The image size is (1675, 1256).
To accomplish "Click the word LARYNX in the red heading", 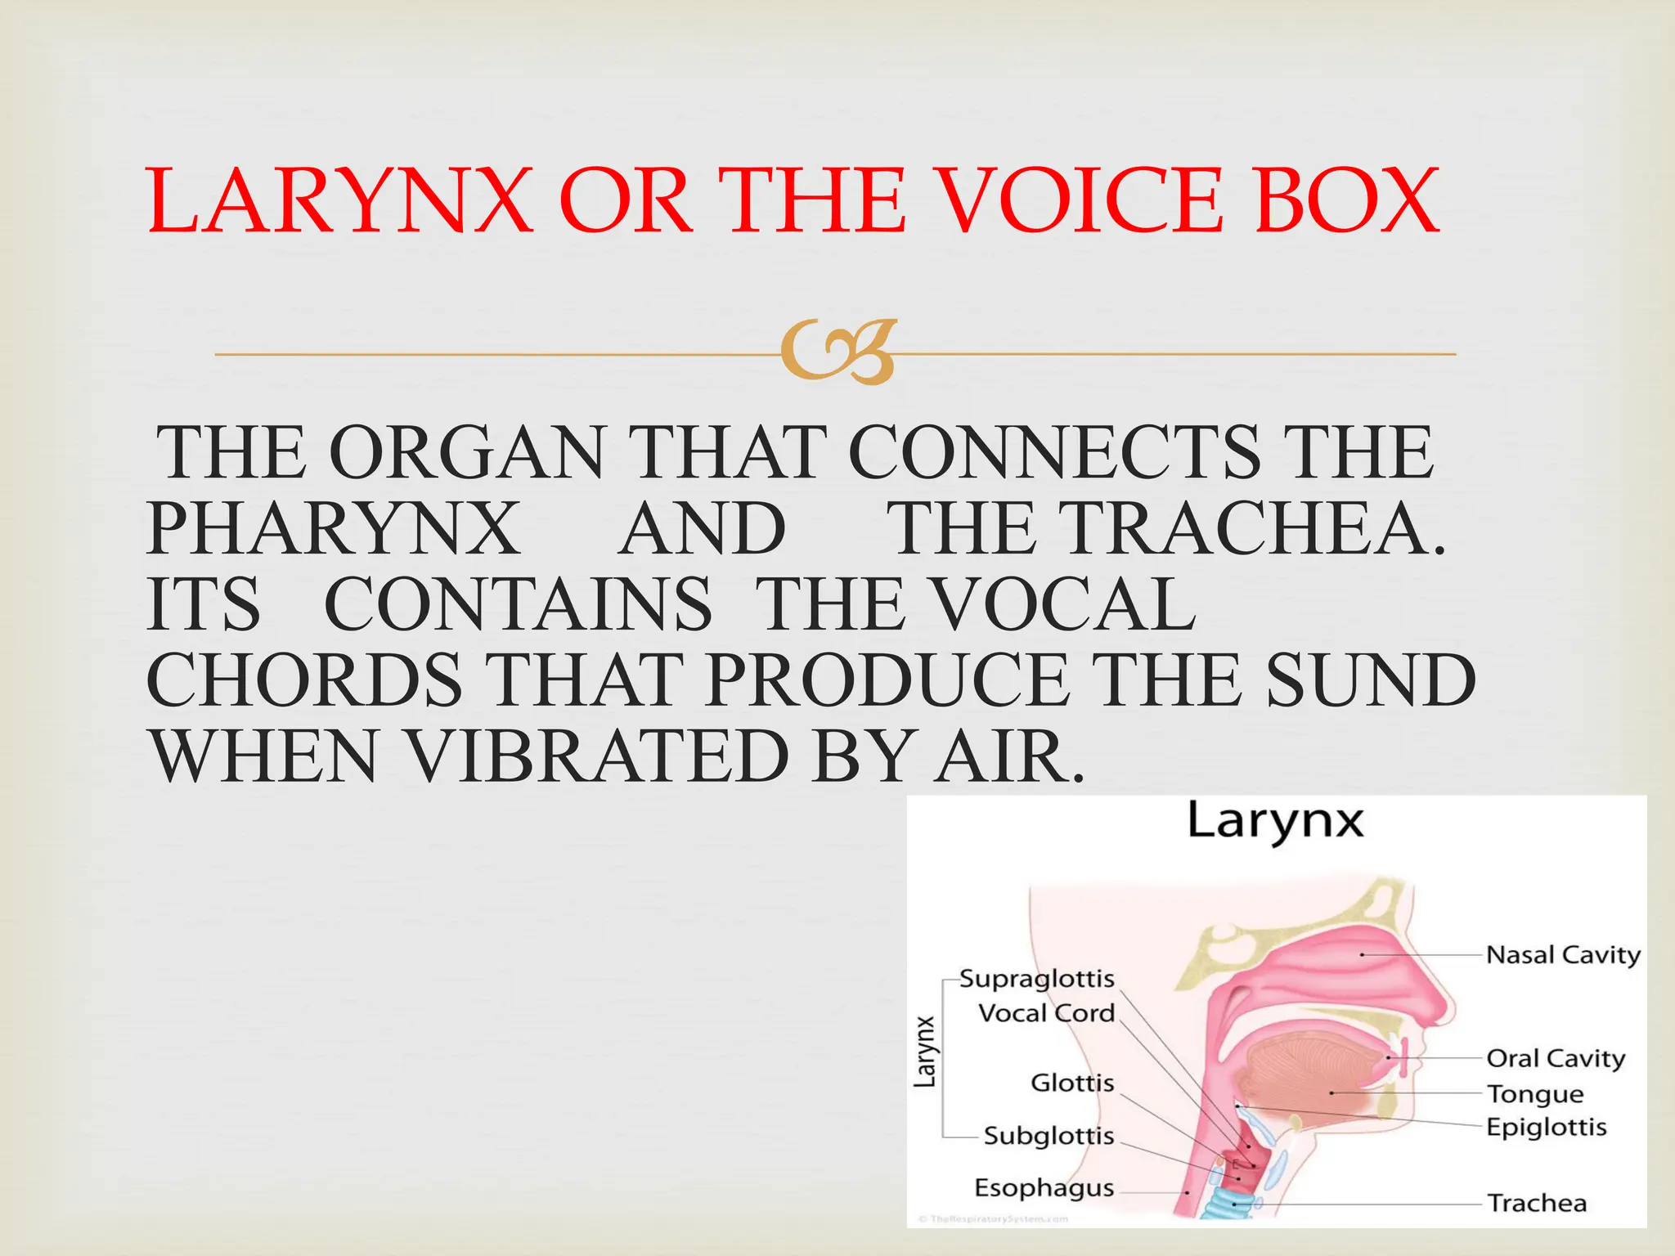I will pos(339,201).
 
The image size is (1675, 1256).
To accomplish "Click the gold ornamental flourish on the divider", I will pos(837,353).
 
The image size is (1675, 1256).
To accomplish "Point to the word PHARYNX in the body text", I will pos(334,529).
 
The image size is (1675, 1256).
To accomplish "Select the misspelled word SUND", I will pos(1370,681).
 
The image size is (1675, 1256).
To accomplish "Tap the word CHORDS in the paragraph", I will pos(304,681).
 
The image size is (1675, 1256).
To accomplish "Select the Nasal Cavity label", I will pos(1563,954).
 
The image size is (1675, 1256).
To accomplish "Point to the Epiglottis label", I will pos(1546,1127).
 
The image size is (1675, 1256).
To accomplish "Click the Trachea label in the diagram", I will pos(1537,1203).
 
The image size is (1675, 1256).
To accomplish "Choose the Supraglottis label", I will pos(1036,979).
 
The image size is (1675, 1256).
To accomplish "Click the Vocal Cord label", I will pos(1046,1013).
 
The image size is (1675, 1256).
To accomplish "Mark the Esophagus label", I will pos(1044,1187).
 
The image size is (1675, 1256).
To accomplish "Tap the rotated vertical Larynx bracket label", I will pos(924,1052).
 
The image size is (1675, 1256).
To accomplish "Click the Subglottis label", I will pos(1049,1136).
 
